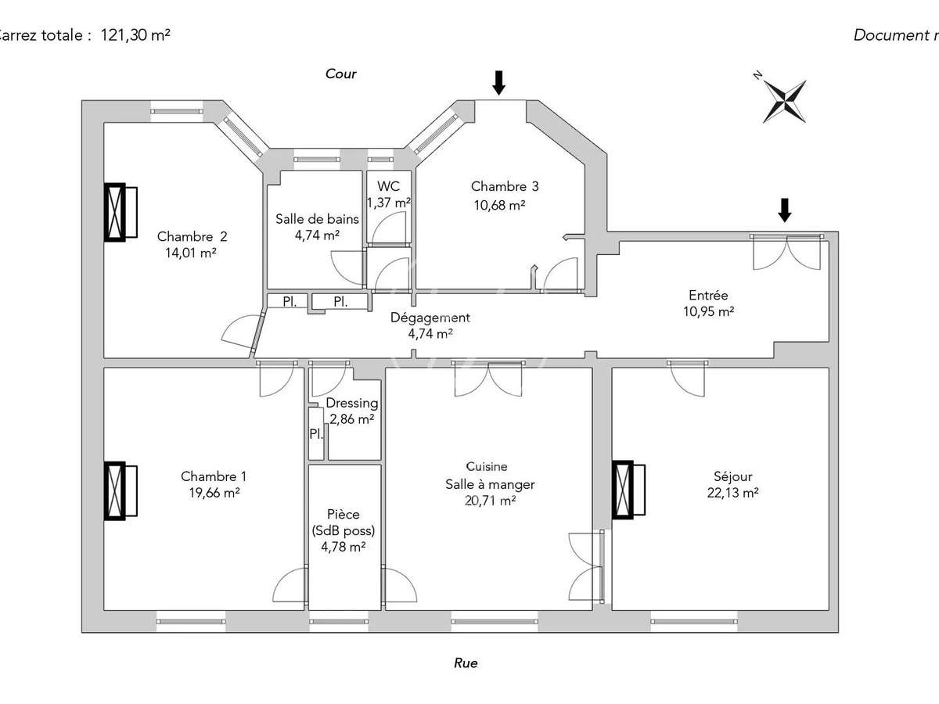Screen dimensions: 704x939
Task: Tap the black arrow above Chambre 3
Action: (498, 81)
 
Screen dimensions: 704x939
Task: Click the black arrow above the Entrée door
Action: (785, 210)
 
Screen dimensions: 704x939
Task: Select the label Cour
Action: (341, 74)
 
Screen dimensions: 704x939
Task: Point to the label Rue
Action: (466, 663)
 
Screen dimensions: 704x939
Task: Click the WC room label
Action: (388, 186)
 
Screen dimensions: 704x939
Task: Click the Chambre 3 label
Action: (505, 186)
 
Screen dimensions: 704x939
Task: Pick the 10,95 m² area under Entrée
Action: (708, 311)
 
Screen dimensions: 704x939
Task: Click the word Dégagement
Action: (430, 318)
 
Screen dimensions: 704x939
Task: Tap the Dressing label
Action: (352, 404)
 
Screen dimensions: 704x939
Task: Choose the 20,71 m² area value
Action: (489, 501)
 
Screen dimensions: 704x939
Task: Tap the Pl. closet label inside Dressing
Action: (316, 433)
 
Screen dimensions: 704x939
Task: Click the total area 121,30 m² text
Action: (135, 34)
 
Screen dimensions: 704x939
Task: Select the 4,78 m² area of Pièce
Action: (344, 547)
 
